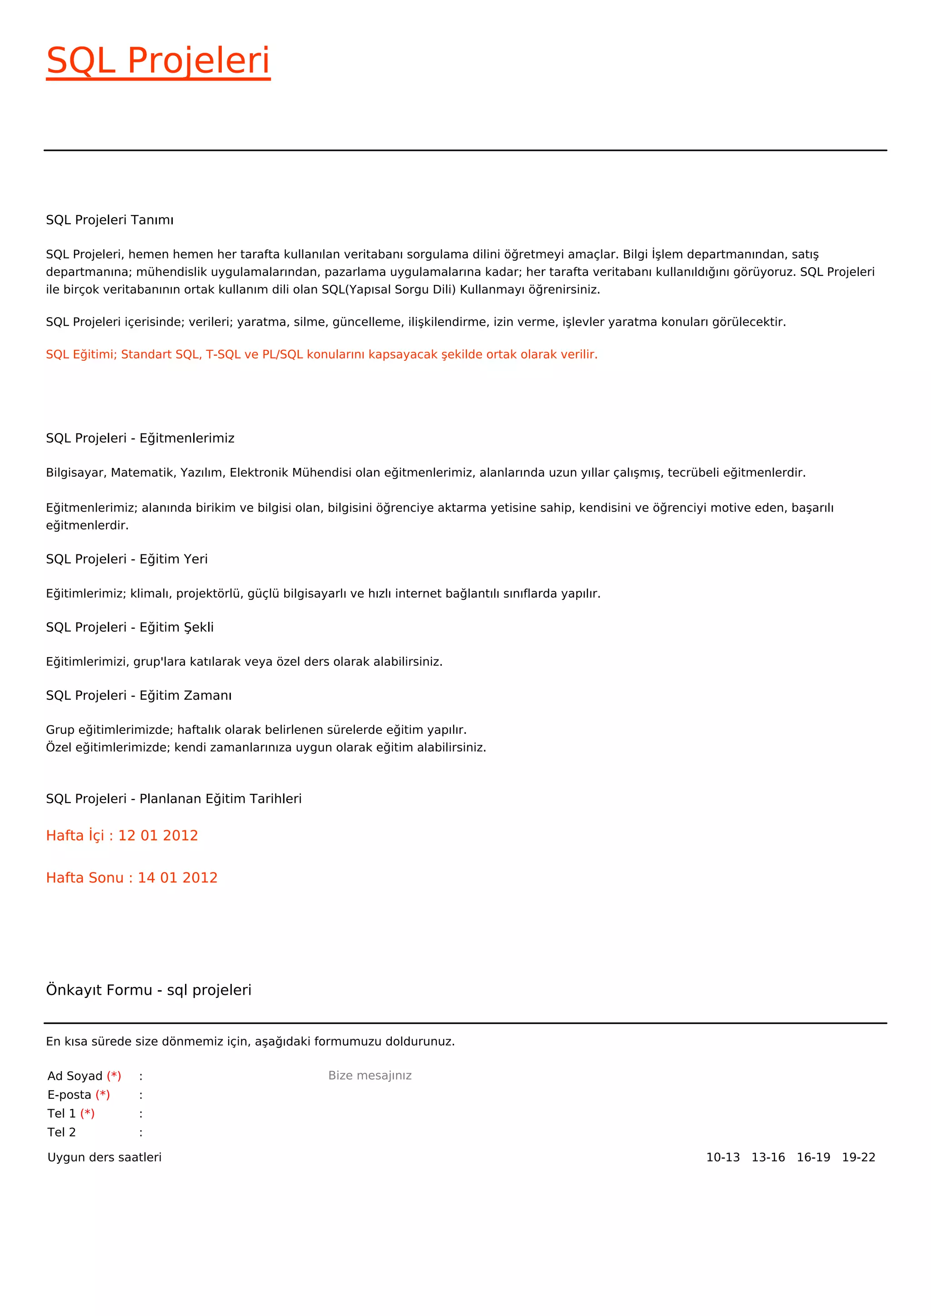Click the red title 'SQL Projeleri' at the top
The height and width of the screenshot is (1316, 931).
tap(158, 61)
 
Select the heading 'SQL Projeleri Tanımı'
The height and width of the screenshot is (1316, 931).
tap(110, 220)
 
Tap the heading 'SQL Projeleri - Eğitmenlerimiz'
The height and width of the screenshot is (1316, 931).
tap(140, 438)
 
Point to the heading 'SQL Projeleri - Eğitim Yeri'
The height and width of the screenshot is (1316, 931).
tap(127, 559)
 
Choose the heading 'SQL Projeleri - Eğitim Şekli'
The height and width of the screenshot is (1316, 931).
tap(130, 627)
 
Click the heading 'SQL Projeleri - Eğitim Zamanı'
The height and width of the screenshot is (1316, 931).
tap(139, 695)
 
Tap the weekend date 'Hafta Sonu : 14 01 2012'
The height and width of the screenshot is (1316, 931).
tap(131, 877)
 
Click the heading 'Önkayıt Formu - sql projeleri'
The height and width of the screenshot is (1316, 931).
tap(149, 990)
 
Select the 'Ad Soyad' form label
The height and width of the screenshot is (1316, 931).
tap(75, 1076)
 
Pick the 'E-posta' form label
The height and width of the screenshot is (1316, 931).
tap(70, 1095)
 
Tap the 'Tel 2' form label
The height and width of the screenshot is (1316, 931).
tap(61, 1132)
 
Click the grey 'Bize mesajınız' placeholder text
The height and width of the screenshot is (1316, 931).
tap(370, 1075)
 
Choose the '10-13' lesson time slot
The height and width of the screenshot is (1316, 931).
tap(722, 1157)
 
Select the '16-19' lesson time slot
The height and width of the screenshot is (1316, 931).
tap(813, 1157)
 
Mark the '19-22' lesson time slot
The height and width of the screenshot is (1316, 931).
tap(858, 1157)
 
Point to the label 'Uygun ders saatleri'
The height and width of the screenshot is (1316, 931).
tap(105, 1157)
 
